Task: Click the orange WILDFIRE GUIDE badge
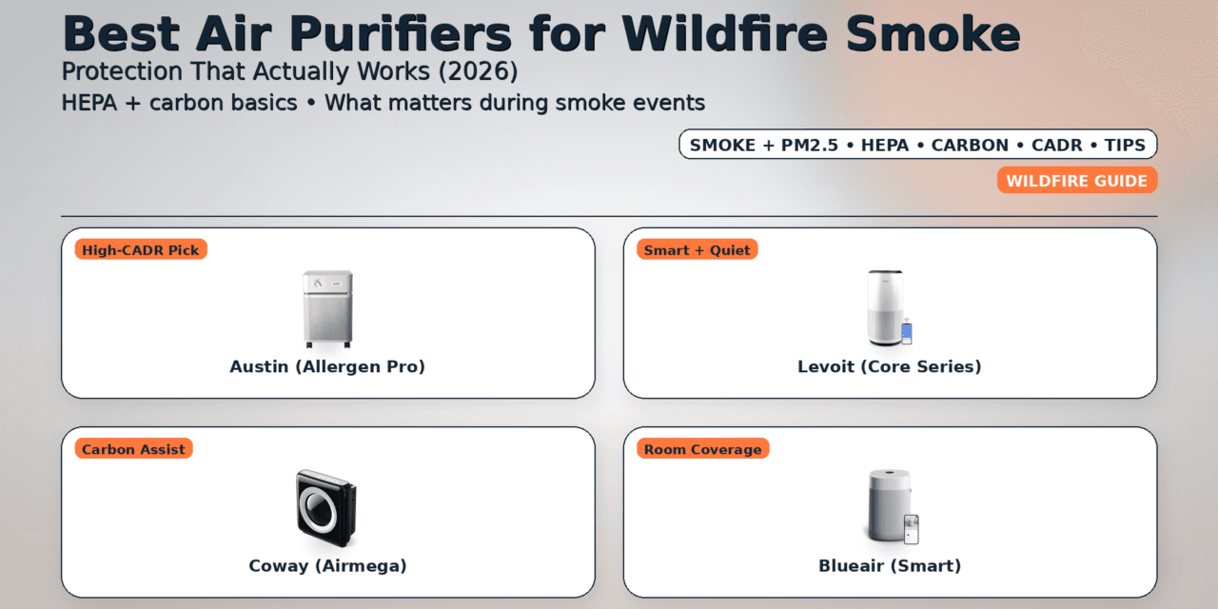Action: (x=1077, y=181)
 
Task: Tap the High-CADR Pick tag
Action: (x=141, y=250)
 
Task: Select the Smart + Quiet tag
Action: (x=697, y=250)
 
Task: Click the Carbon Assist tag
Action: (x=133, y=449)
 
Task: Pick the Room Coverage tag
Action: (x=702, y=449)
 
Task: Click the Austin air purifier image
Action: (x=327, y=309)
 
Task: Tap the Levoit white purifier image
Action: (x=885, y=307)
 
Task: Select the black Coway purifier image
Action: (x=325, y=507)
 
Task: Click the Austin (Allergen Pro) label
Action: (x=327, y=366)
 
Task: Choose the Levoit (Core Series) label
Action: (x=890, y=366)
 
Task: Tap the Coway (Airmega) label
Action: (x=327, y=566)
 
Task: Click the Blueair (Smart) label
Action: (x=890, y=566)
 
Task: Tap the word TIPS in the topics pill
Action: (x=1126, y=146)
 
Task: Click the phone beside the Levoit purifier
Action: (x=907, y=332)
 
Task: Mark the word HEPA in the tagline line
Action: (x=93, y=103)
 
